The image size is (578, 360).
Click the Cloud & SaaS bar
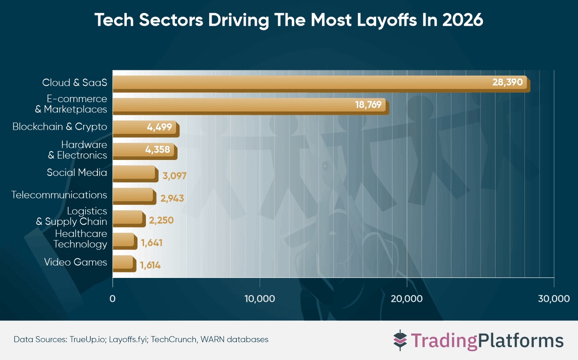(298, 83)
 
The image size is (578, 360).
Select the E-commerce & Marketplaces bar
(233, 105)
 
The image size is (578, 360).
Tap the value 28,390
(509, 83)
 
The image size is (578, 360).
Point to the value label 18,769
(368, 105)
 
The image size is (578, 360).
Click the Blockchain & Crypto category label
(60, 127)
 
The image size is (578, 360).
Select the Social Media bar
(134, 173)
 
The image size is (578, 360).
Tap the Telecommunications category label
(59, 195)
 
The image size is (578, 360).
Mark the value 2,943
(172, 198)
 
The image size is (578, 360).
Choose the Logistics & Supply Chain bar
(128, 218)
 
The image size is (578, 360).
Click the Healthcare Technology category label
(80, 239)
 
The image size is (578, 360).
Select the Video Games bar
(124, 263)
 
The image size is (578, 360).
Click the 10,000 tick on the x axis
(260, 298)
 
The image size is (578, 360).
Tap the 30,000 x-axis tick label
(553, 298)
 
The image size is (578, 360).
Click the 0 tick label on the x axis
(112, 298)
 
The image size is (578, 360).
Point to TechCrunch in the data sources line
(177, 339)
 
